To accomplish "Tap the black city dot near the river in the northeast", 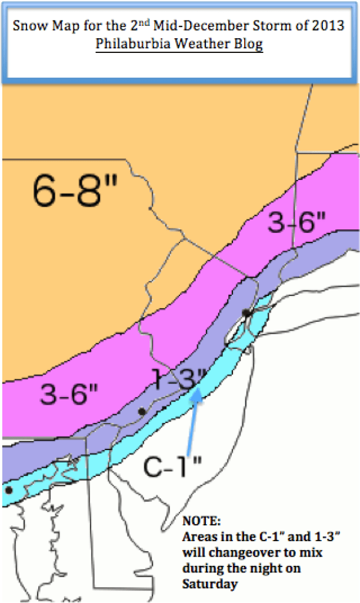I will coord(247,312).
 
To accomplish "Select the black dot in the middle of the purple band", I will coord(141,411).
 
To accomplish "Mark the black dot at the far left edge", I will coord(8,489).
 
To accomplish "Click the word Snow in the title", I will coord(25,27).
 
